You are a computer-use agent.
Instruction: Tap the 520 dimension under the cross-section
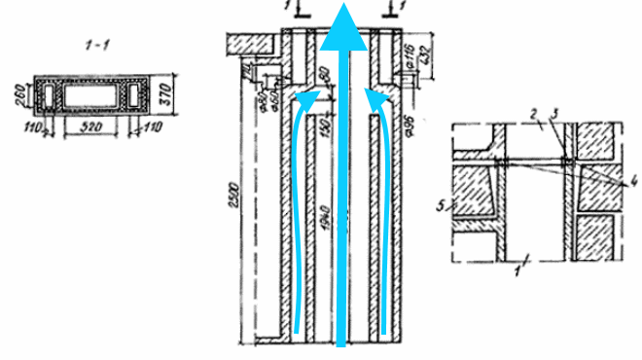click(x=93, y=127)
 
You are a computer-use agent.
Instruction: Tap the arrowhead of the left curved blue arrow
click(x=308, y=93)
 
